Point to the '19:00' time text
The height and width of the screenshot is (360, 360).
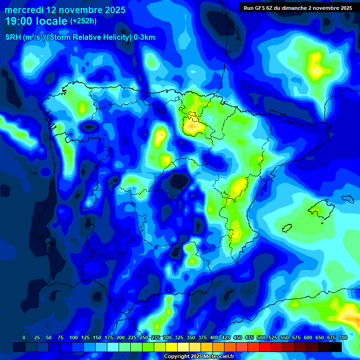pyautogui.click(x=19, y=21)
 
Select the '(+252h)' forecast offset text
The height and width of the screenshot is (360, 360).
pyautogui.click(x=83, y=21)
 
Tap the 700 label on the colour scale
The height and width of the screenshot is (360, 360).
pyautogui.click(x=343, y=337)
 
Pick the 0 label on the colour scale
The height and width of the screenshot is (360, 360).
pyautogui.click(x=24, y=337)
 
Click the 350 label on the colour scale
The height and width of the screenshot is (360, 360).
pyautogui.click(x=190, y=337)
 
